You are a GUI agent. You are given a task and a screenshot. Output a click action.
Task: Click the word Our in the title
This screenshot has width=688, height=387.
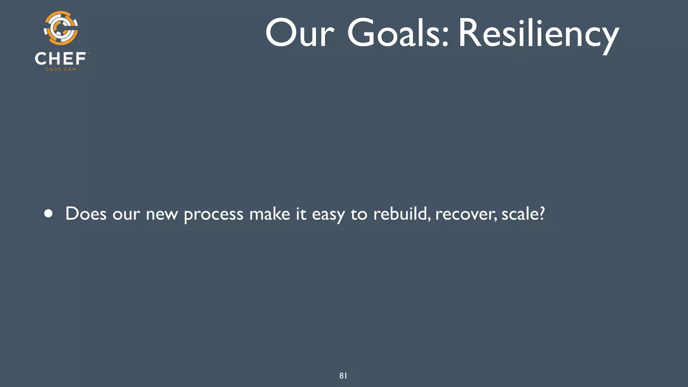click(x=300, y=33)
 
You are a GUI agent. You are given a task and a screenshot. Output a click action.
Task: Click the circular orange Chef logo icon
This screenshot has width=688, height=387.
click(x=61, y=28)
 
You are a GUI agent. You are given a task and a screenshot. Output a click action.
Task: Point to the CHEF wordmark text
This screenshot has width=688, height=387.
click(x=60, y=59)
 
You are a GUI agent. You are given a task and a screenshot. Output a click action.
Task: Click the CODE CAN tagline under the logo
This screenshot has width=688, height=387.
click(x=61, y=70)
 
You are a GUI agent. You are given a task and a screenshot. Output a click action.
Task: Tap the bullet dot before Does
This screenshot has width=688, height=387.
click(x=49, y=214)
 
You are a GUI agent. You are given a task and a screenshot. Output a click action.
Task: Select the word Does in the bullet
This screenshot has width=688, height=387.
click(x=86, y=214)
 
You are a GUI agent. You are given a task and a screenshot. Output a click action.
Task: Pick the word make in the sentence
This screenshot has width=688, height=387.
click(x=269, y=214)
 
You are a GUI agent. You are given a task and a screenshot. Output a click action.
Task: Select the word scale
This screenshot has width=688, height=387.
click(x=519, y=214)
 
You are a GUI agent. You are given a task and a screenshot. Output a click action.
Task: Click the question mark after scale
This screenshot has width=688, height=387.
click(x=541, y=213)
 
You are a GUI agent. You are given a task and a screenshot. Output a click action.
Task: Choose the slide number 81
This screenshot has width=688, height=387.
click(x=343, y=376)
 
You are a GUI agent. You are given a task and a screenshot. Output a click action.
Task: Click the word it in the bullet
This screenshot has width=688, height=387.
click(x=301, y=214)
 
